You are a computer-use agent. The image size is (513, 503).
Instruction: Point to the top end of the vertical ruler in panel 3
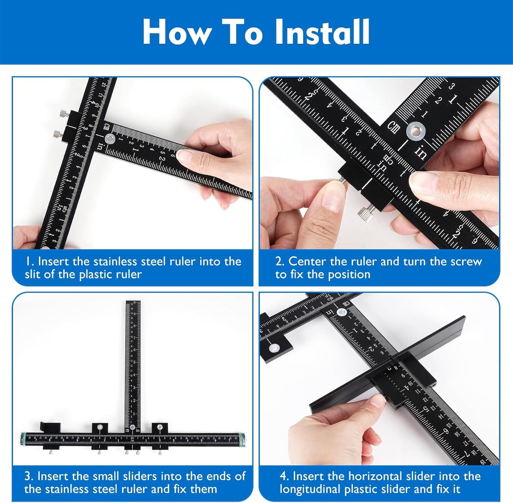click(x=133, y=303)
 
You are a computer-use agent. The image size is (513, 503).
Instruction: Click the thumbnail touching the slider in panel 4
click(x=379, y=400)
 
